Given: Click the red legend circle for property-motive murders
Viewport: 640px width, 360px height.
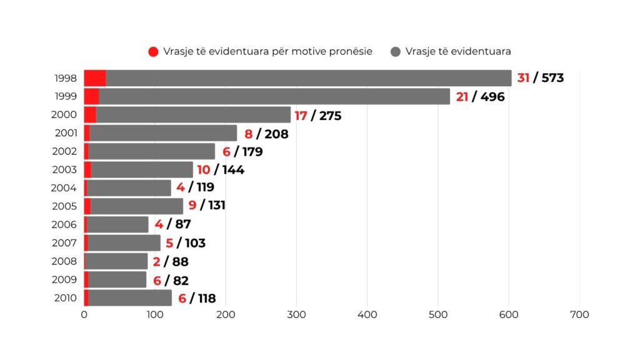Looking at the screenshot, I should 153,51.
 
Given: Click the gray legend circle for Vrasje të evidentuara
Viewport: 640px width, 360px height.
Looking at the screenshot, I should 395,51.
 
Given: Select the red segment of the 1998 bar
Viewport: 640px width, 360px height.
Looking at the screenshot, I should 95,78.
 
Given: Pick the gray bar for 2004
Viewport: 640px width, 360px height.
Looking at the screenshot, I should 129,188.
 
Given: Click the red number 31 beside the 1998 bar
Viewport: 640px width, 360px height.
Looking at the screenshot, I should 523,78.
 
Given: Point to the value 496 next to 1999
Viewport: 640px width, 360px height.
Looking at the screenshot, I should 492,97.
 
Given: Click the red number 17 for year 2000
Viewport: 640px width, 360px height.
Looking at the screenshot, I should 301,116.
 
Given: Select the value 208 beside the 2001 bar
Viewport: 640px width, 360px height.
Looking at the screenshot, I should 276,134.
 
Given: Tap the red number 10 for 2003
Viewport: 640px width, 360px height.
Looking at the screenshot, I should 204,170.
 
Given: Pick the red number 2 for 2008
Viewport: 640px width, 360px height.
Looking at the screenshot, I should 157,261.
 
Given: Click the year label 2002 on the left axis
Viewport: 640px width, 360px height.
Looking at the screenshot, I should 66,151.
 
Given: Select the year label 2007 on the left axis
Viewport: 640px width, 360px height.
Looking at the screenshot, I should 66,243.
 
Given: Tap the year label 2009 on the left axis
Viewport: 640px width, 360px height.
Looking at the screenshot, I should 66,279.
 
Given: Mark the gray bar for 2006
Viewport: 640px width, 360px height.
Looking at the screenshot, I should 117,224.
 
